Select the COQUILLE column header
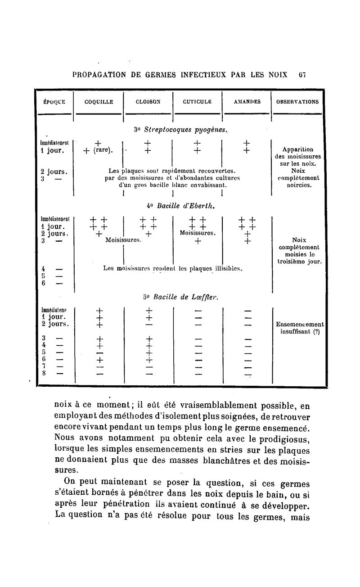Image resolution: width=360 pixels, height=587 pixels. [x=99, y=102]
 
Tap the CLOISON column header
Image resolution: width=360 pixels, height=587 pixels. [x=148, y=102]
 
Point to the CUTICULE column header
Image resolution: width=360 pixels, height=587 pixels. [x=197, y=102]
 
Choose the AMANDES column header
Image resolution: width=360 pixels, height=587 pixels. [x=247, y=102]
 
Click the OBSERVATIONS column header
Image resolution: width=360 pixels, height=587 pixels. [x=297, y=102]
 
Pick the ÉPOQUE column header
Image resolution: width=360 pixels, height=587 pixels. [x=54, y=102]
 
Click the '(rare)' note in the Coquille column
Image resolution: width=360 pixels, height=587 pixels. [x=103, y=150]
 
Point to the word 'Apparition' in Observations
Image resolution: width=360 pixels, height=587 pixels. [x=297, y=150]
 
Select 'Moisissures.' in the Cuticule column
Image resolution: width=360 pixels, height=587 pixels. [x=198, y=233]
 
